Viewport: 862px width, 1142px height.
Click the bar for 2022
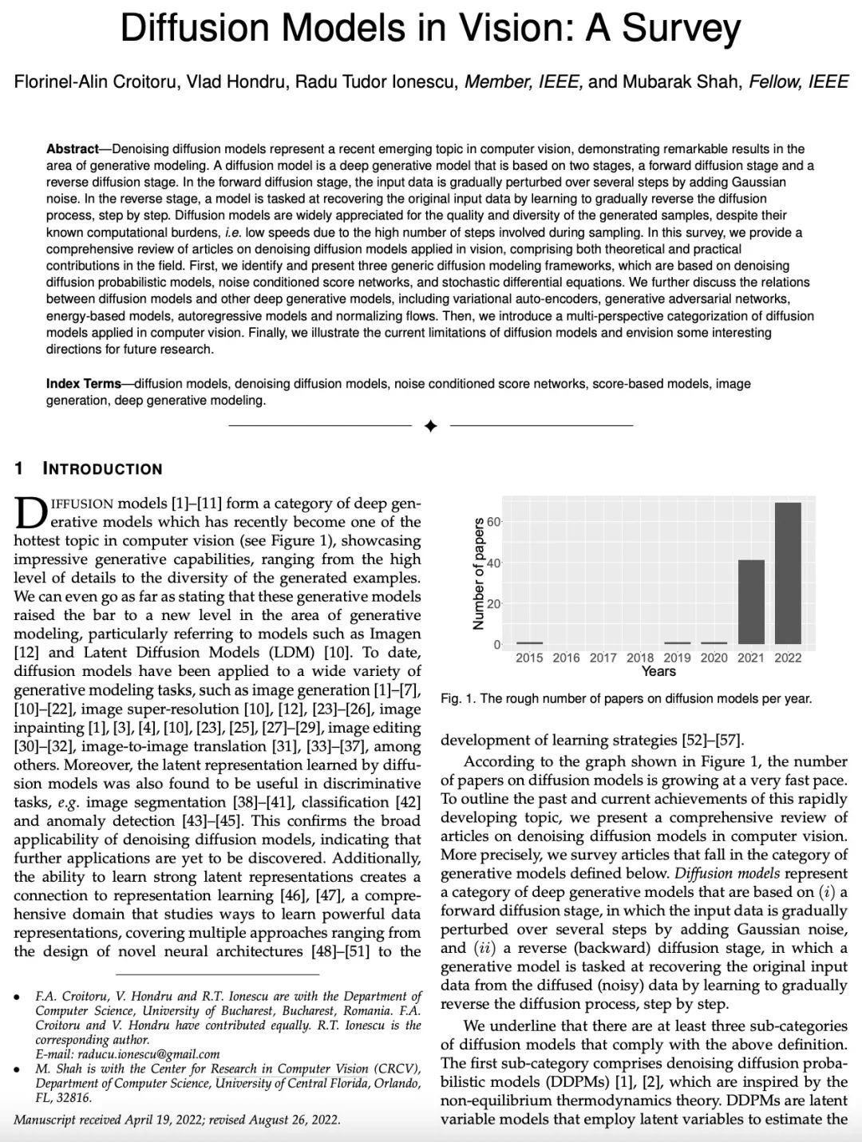(788, 573)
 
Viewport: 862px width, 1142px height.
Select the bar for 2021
(751, 602)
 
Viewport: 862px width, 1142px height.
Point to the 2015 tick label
(529, 658)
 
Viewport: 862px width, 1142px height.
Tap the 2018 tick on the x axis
(640, 658)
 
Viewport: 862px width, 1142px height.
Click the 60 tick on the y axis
(494, 522)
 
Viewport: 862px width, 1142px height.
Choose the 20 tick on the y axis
(494, 604)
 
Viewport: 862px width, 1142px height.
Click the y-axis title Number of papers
(479, 574)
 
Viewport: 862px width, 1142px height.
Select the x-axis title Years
(658, 671)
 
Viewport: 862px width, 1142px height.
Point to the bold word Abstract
(72, 149)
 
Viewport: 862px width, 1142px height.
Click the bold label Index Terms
(84, 384)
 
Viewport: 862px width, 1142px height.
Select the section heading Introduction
(102, 469)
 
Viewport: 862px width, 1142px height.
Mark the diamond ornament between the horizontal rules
(431, 426)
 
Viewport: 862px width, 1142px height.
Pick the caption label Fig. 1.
(457, 699)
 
